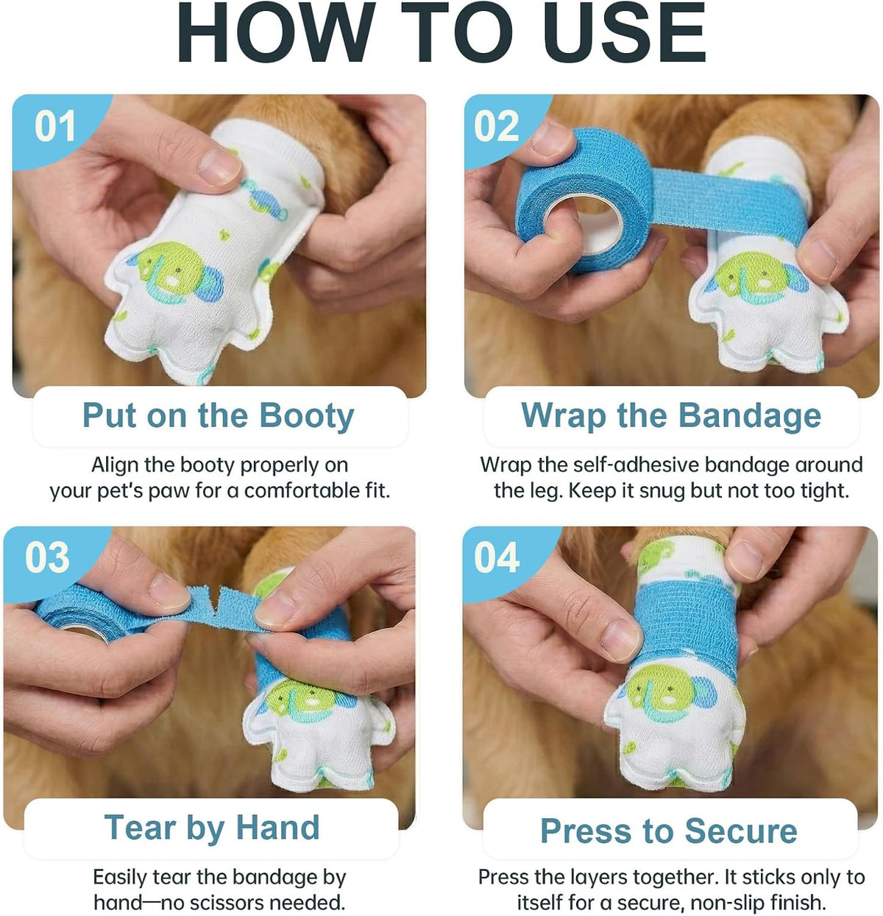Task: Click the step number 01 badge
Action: coord(54,126)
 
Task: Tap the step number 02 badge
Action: coord(496,126)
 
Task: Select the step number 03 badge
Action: coord(47,557)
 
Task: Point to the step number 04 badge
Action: coord(497,557)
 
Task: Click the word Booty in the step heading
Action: coord(307,417)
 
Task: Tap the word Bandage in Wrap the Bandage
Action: coord(750,417)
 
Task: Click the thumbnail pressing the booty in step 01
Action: coord(219,166)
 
